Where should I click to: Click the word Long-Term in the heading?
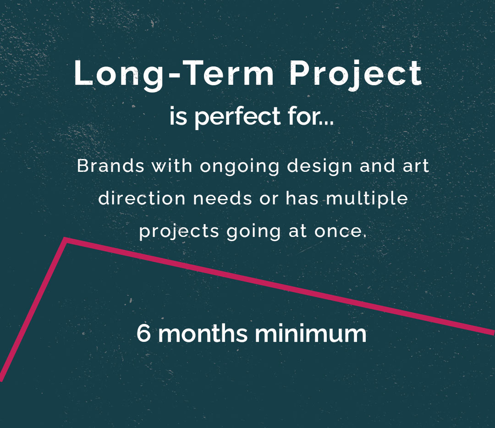tap(174, 75)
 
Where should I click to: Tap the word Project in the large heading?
tap(356, 75)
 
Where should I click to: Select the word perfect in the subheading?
tap(237, 117)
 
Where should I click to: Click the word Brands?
tap(111, 166)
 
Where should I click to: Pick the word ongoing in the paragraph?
tap(240, 167)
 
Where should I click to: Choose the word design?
tap(319, 167)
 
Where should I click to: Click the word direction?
tap(142, 199)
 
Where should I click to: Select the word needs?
tap(223, 199)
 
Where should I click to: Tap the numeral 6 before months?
tap(143, 333)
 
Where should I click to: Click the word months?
tap(203, 333)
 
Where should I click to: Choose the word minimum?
tap(311, 333)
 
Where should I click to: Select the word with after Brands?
tap(172, 166)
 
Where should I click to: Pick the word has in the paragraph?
tap(302, 199)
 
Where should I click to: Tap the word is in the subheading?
tap(178, 116)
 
